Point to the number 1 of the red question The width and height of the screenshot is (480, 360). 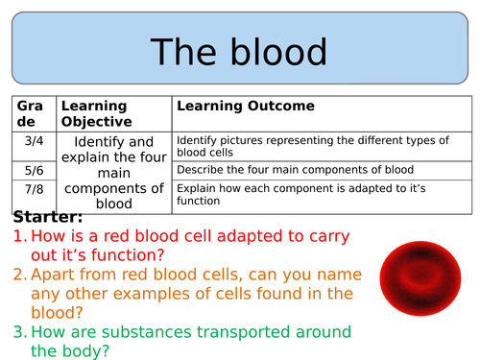point(19,236)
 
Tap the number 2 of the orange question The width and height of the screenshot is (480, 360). point(19,274)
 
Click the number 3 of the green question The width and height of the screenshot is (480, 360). point(19,331)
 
